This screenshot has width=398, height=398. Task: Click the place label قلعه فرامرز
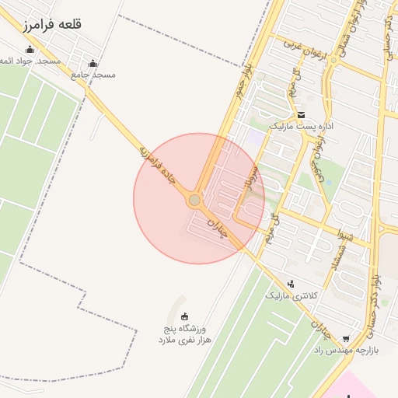point(52,24)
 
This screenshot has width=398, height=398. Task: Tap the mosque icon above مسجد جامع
point(93,64)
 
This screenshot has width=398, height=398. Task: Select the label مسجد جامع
point(93,75)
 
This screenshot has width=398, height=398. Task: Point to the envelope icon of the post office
point(301,115)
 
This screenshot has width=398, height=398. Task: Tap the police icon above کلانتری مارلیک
point(291,285)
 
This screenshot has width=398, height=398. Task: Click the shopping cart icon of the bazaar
point(346,338)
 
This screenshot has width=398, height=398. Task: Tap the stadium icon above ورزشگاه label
point(185,316)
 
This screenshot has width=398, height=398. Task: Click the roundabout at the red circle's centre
point(194,201)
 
